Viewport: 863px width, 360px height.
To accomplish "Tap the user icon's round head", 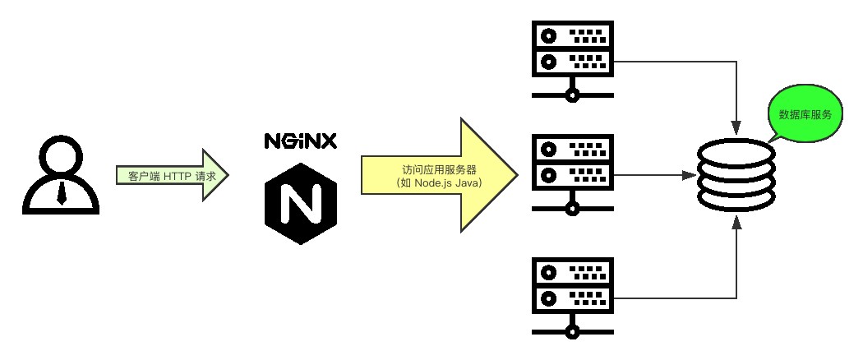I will point(62,158).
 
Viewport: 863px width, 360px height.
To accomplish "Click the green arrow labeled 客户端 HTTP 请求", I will point(172,175).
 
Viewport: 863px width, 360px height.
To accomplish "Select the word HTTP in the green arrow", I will point(177,176).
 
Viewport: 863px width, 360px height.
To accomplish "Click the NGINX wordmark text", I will point(300,141).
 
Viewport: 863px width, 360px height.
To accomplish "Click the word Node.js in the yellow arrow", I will point(434,182).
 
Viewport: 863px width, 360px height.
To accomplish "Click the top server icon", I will point(572,48).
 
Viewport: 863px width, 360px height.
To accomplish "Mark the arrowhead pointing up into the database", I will point(736,224).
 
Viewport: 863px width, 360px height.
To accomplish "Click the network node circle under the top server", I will point(572,95).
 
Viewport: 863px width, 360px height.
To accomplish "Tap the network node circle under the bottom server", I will point(572,330).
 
